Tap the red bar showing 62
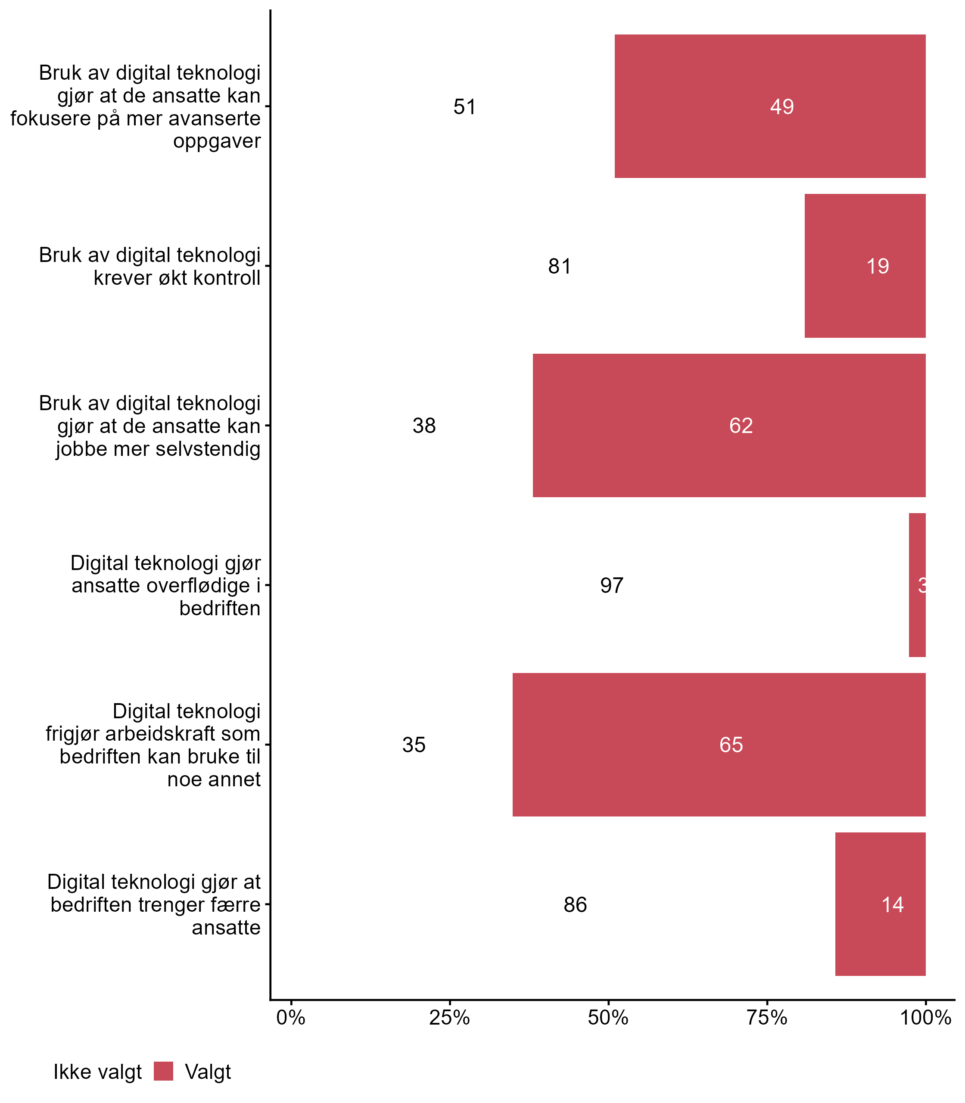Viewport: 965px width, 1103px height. pos(729,426)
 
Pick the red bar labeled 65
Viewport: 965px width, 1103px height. pos(719,745)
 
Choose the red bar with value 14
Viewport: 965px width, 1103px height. pos(880,904)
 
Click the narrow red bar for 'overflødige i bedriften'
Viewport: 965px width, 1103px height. pos(917,585)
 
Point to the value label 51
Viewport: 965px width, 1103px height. pos(464,107)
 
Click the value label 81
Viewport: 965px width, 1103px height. pos(560,266)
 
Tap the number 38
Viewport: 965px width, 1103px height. pos(424,426)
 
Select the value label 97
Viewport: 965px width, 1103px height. pos(611,586)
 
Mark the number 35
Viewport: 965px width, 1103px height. pos(414,745)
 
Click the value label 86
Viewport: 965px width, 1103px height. pos(575,905)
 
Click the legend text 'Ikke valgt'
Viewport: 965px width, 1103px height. pos(97,1072)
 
